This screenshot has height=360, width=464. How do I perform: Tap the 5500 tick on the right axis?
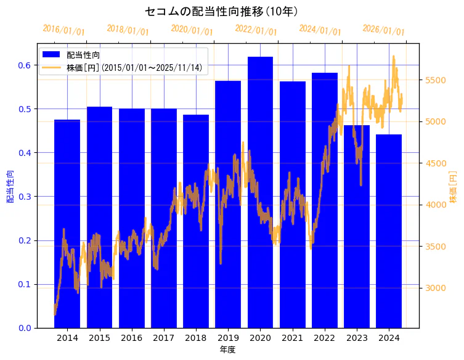click(x=438, y=80)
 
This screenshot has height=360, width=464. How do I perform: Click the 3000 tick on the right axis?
click(x=438, y=288)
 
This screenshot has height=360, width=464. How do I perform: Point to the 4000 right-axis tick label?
click(x=438, y=205)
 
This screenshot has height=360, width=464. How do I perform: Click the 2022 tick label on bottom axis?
click(x=324, y=338)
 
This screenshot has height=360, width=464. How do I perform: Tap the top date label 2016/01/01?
click(x=63, y=30)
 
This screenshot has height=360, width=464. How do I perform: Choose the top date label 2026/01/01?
click(x=383, y=30)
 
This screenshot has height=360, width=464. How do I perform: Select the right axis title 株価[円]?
click(x=454, y=187)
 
